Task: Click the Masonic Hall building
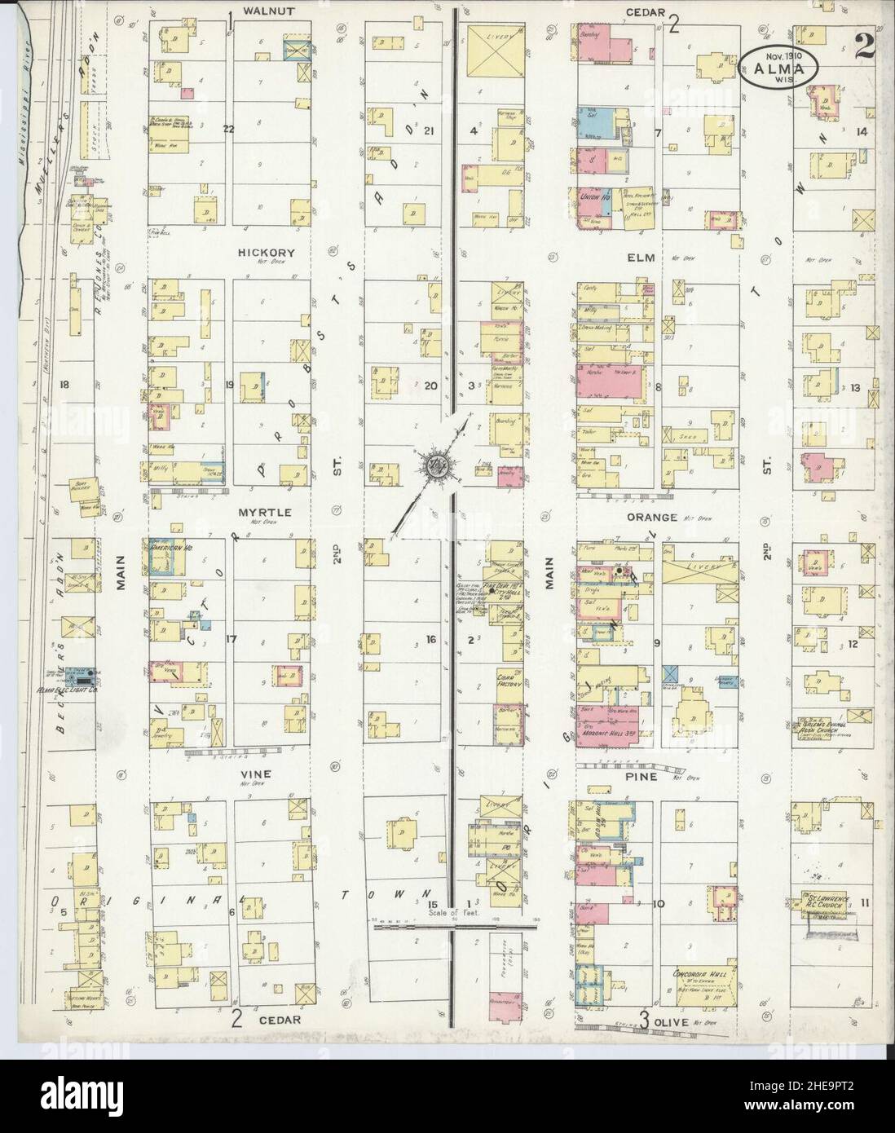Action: pos(609,731)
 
